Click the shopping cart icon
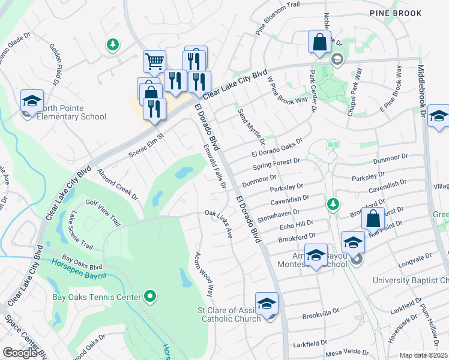(154, 61)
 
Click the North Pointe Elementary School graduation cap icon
(32, 100)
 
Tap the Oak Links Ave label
(218, 223)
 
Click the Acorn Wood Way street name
(203, 274)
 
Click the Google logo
(20, 353)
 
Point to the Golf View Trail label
(103, 214)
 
